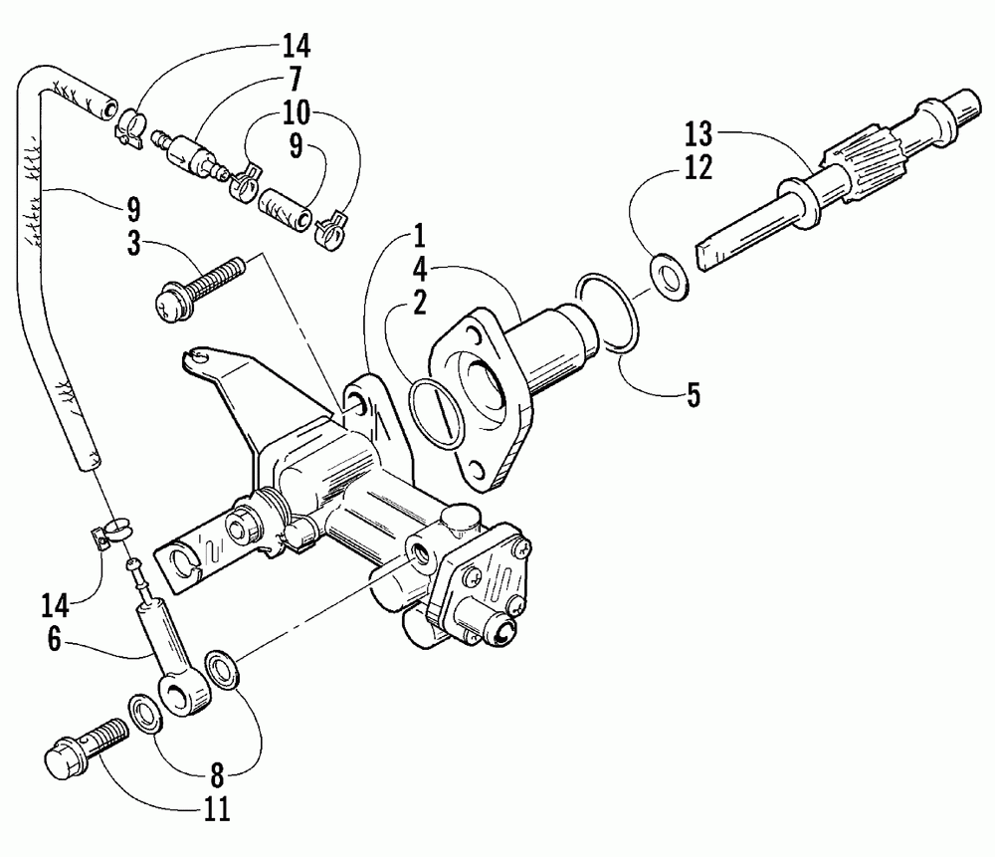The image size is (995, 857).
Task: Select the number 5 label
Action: pyautogui.click(x=693, y=393)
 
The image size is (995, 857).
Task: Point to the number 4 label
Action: pyautogui.click(x=420, y=269)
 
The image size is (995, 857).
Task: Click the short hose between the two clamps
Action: pyautogui.click(x=286, y=207)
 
